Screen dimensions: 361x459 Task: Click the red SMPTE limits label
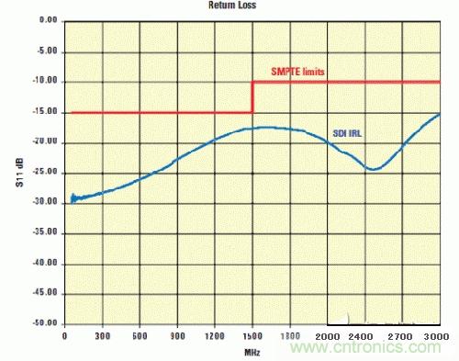point(303,72)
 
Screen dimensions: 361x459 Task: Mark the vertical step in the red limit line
point(252,97)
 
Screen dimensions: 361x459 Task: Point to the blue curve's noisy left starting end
point(73,197)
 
